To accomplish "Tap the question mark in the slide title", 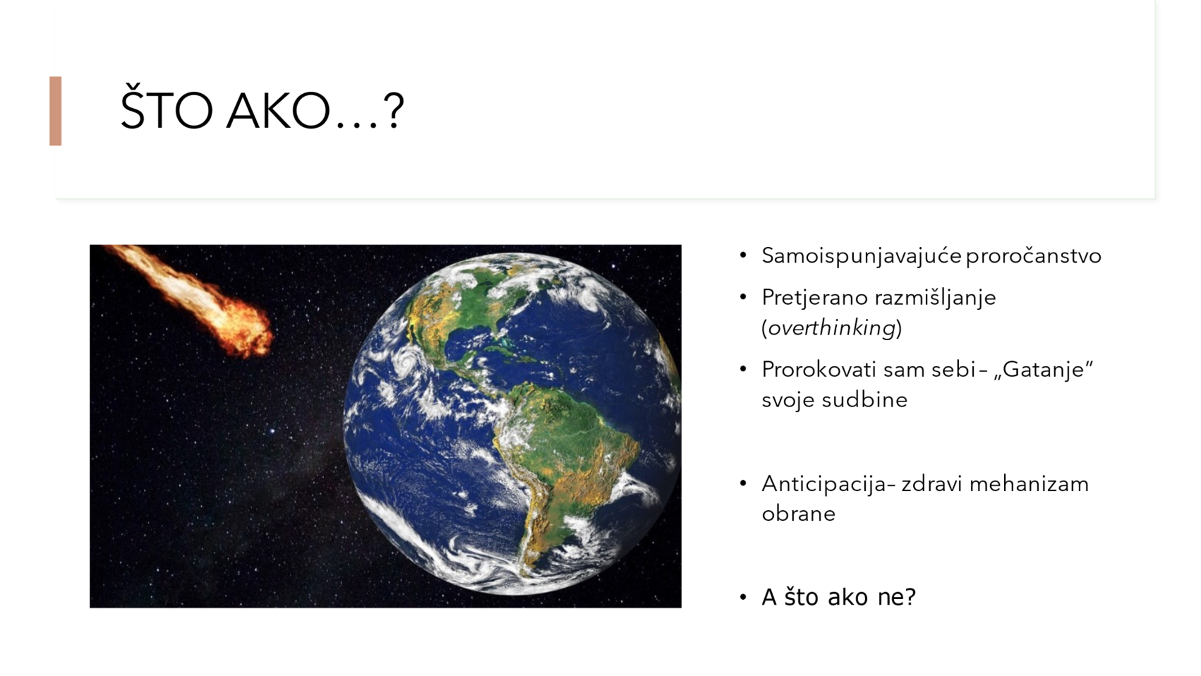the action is (393, 111).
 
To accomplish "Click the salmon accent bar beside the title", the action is (56, 111).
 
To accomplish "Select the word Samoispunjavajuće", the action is (861, 256).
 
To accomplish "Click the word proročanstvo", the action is (1033, 256).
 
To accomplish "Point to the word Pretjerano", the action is (814, 298).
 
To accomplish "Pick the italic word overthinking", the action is (832, 328).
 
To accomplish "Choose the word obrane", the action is (798, 514).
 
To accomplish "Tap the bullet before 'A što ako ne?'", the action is (743, 597).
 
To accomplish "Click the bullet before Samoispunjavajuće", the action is (743, 255).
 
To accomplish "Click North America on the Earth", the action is (463, 306).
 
